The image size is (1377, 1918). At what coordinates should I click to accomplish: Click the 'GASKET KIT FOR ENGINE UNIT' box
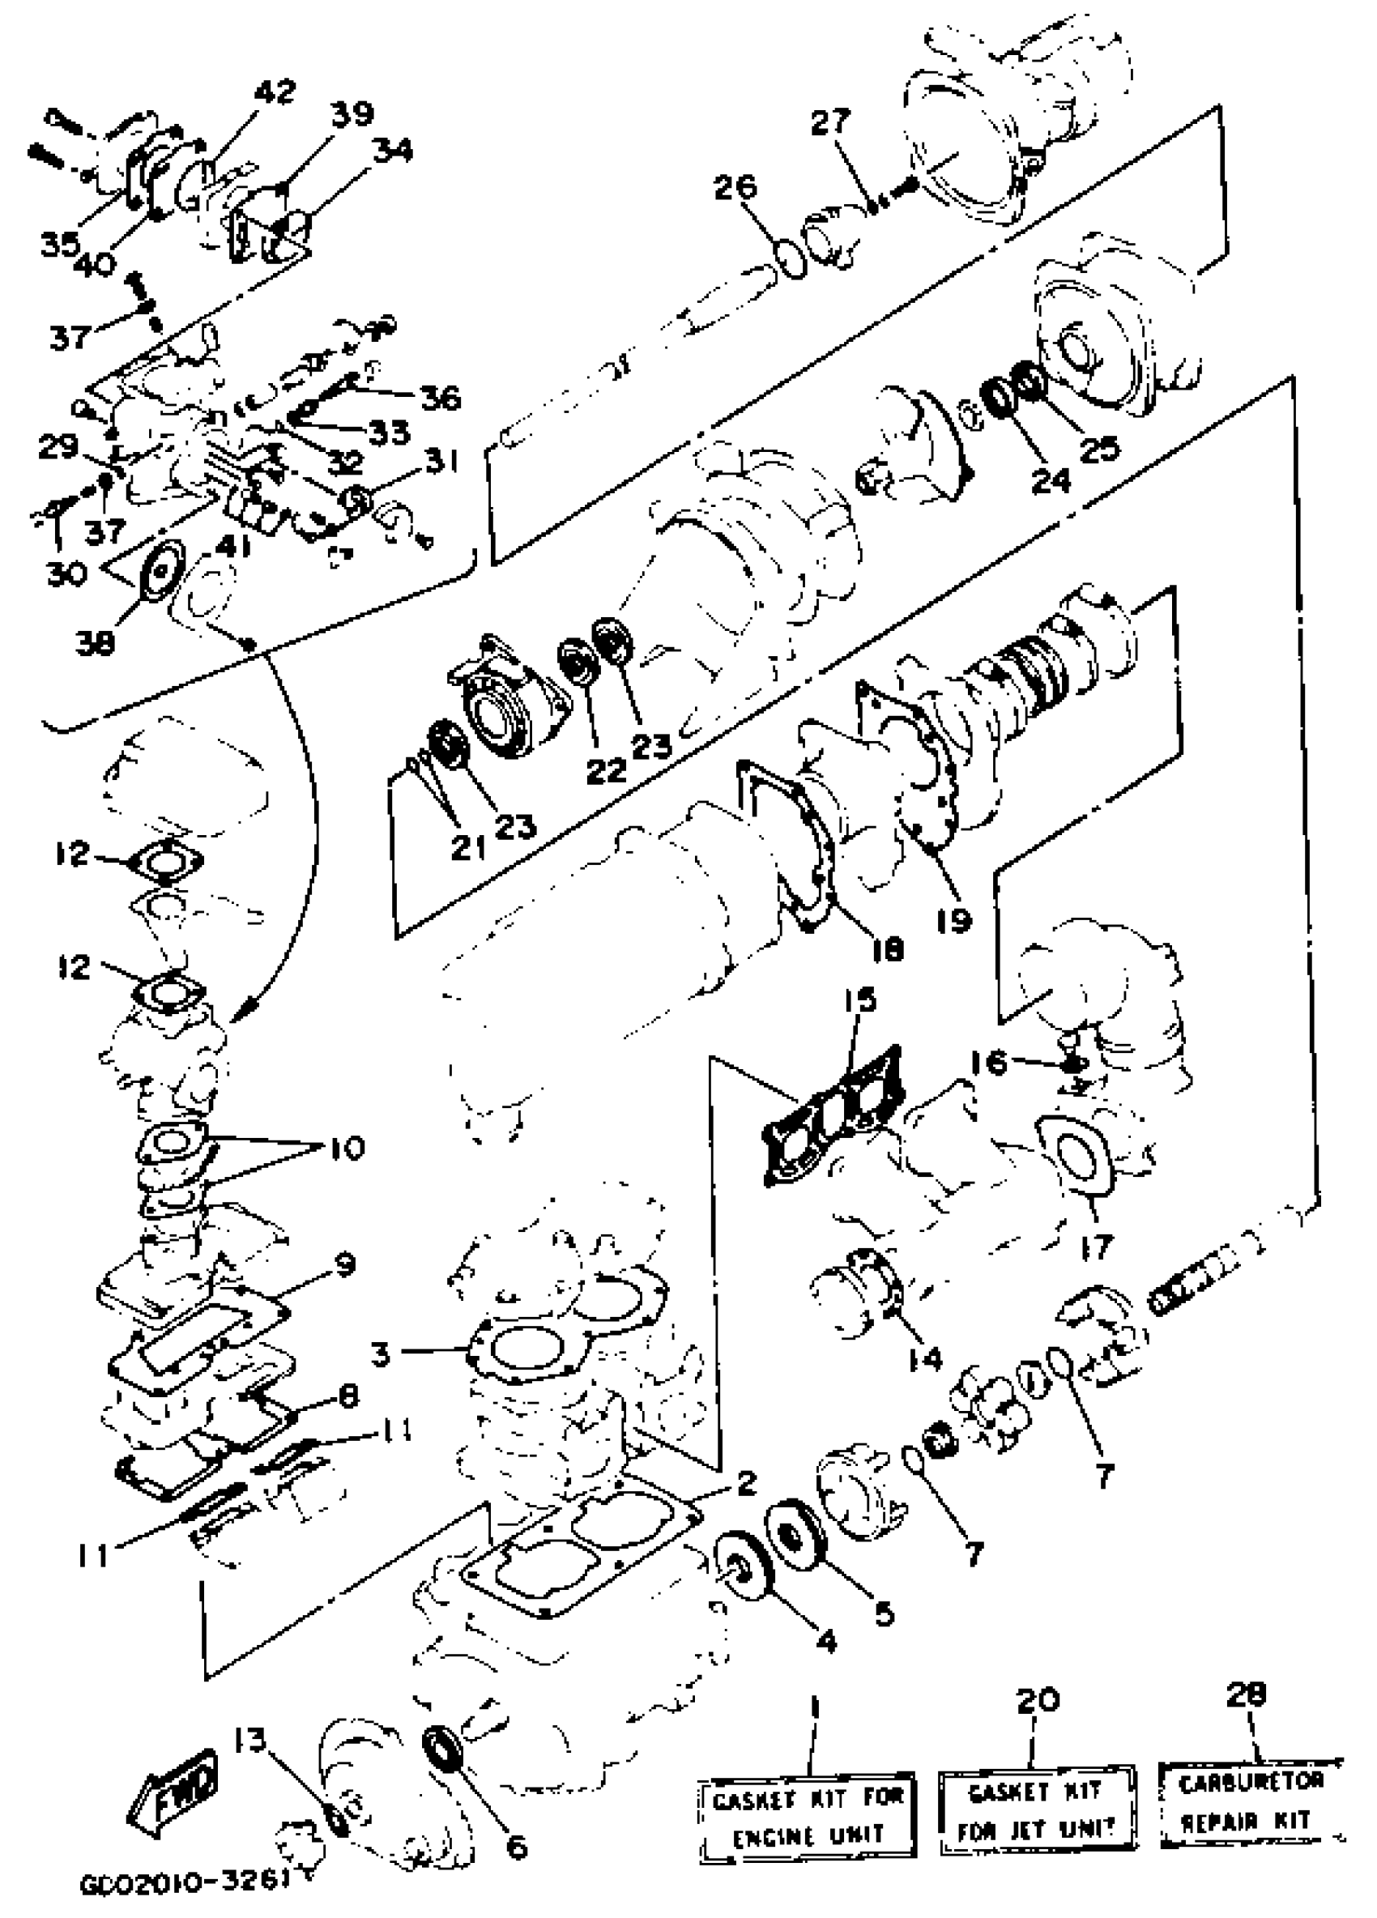click(x=807, y=1820)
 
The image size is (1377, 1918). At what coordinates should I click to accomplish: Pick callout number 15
click(x=860, y=1000)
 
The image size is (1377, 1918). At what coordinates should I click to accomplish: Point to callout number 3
click(x=381, y=1354)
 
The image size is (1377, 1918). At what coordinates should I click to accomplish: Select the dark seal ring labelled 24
click(x=999, y=395)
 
